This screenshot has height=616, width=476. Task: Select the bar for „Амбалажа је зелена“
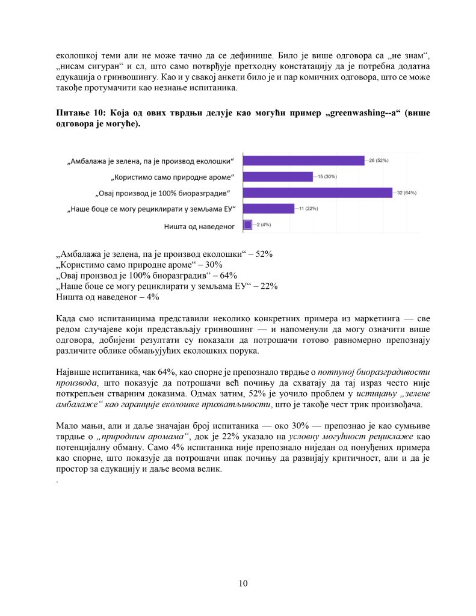coord(304,161)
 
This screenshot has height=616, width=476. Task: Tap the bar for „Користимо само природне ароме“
coord(277,177)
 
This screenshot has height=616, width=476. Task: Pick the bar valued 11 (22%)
coord(268,208)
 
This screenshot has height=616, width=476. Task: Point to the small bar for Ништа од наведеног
coord(247,224)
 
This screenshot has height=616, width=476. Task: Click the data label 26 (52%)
coord(379,161)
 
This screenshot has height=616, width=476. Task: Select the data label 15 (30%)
coord(326,177)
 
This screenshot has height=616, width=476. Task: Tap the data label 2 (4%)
coord(262,224)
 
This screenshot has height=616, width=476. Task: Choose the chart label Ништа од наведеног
coord(199,226)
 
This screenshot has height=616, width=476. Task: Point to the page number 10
coord(243,583)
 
